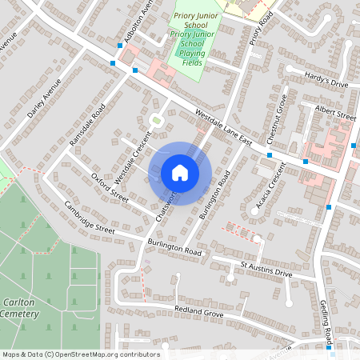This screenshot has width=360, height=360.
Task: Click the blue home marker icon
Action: (180, 173)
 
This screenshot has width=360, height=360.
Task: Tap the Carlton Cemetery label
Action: (19, 309)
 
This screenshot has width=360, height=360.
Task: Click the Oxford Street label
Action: (110, 186)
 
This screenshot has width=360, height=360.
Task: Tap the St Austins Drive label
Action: (267, 268)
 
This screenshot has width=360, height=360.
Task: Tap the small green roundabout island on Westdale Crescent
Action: (157, 121)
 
